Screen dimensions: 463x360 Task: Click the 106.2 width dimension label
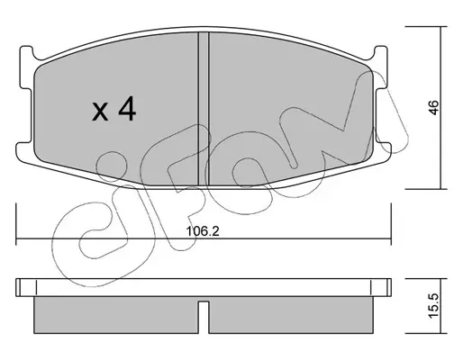(x=203, y=231)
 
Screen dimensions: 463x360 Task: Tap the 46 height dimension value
(x=433, y=107)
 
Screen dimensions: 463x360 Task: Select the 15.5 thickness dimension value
(x=433, y=306)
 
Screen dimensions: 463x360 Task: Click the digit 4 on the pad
(x=127, y=110)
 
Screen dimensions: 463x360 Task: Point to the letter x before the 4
(x=100, y=112)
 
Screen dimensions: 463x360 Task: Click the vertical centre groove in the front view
(x=204, y=109)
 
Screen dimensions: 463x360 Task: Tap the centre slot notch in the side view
(x=204, y=316)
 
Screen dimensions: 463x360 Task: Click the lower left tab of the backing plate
(x=24, y=152)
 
